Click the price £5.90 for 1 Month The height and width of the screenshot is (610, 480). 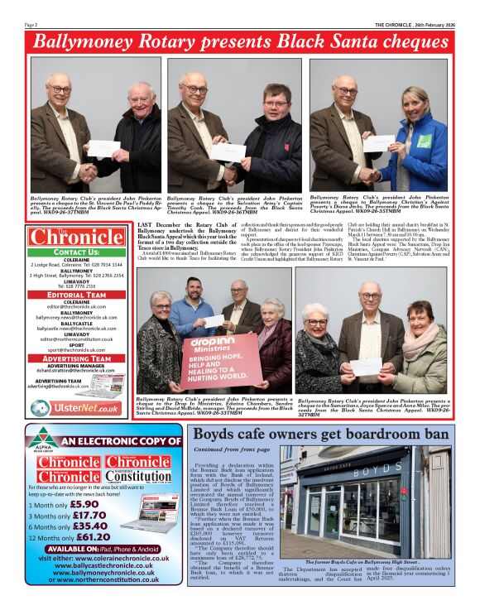tap(83, 503)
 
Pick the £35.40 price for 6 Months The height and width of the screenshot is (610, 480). tap(89, 526)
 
